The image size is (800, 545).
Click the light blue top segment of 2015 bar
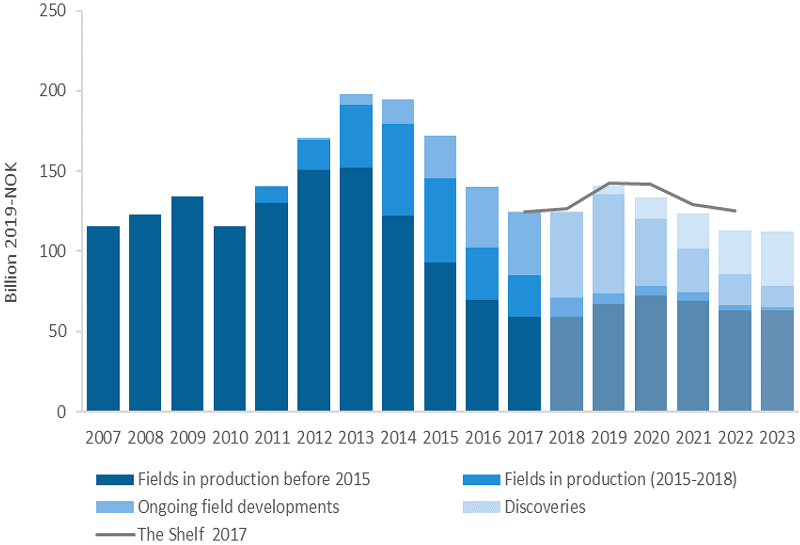click(x=440, y=157)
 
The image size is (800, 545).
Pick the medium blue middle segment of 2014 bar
click(x=398, y=169)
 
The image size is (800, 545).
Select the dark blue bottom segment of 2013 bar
click(x=356, y=289)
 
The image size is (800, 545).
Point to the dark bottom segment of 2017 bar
click(x=524, y=364)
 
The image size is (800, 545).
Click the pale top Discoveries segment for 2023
click(x=777, y=259)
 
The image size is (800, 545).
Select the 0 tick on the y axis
click(x=61, y=411)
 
